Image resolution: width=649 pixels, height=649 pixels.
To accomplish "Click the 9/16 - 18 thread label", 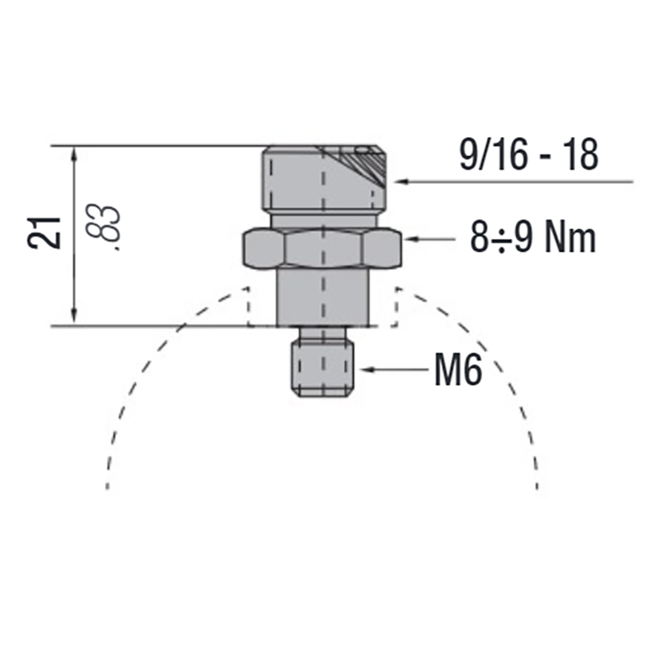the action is pyautogui.click(x=529, y=154).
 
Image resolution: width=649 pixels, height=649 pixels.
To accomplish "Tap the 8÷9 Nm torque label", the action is pyautogui.click(x=533, y=237).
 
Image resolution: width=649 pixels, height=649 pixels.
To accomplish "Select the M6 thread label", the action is pyautogui.click(x=458, y=370).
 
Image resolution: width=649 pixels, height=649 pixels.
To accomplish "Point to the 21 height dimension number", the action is pyautogui.click(x=45, y=233).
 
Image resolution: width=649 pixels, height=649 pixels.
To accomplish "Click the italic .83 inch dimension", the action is pyautogui.click(x=103, y=227).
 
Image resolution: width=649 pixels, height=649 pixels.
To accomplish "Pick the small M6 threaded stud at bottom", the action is pyautogui.click(x=323, y=367).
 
